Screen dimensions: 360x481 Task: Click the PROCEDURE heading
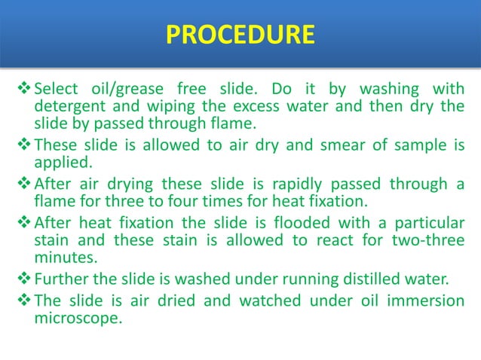(x=240, y=35)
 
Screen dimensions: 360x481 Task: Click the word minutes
(x=64, y=258)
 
